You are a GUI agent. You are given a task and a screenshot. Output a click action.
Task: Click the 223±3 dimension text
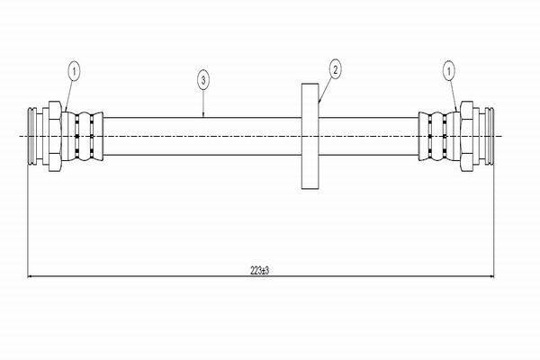[259, 270]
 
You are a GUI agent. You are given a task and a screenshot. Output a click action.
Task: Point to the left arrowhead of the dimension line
[30, 276]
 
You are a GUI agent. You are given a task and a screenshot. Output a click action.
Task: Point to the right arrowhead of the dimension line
[491, 276]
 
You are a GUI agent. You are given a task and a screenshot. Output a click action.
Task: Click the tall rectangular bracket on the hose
[310, 136]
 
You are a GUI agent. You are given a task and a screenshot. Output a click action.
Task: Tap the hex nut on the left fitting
[55, 136]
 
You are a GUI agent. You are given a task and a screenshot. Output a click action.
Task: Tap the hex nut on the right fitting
[467, 136]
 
